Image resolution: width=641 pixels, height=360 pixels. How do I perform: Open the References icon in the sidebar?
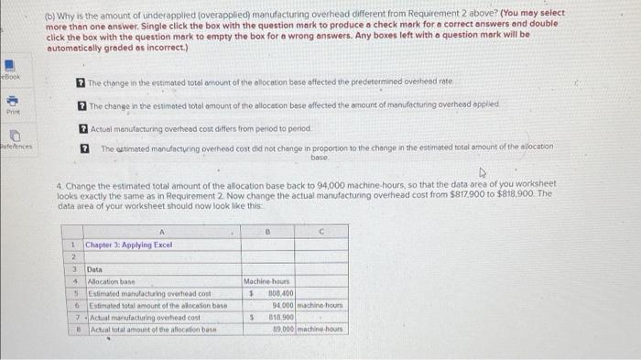click(x=13, y=136)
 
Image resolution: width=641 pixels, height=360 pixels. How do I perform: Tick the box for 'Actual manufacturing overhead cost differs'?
click(x=81, y=128)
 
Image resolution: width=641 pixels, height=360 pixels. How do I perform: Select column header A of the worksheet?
click(x=161, y=233)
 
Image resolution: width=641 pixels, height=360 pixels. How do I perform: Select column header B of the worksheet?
click(x=268, y=233)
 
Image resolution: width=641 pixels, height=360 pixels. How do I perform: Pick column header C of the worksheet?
click(x=318, y=233)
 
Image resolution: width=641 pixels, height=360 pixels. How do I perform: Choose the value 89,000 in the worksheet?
click(x=279, y=325)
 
